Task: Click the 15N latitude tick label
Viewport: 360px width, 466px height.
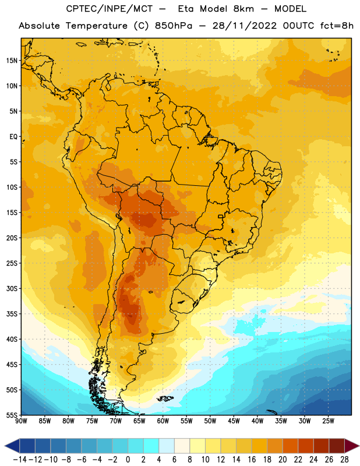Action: pos(12,61)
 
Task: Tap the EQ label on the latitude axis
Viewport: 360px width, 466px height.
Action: pos(13,137)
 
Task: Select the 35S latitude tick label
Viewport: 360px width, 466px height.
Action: pos(12,314)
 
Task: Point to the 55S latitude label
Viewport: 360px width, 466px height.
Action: pos(12,415)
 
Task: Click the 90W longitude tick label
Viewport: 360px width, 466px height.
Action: pos(22,421)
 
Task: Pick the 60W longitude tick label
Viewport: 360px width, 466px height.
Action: pos(163,421)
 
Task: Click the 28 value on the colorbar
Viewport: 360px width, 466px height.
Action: pos(344,460)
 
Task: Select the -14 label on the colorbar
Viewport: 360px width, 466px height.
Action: pos(20,460)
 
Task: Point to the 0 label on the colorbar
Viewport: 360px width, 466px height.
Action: pos(128,460)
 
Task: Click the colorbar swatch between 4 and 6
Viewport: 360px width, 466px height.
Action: pos(167,446)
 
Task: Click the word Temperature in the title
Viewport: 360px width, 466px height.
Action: pos(97,26)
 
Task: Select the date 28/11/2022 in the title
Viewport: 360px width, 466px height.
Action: pos(244,26)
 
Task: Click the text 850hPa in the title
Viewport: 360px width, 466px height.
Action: pos(174,26)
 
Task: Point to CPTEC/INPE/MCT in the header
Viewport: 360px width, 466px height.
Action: pos(110,9)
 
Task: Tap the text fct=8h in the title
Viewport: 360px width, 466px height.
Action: pos(337,26)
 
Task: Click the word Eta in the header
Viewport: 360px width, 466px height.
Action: pos(186,9)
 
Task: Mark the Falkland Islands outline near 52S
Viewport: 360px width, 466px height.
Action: pos(165,398)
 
